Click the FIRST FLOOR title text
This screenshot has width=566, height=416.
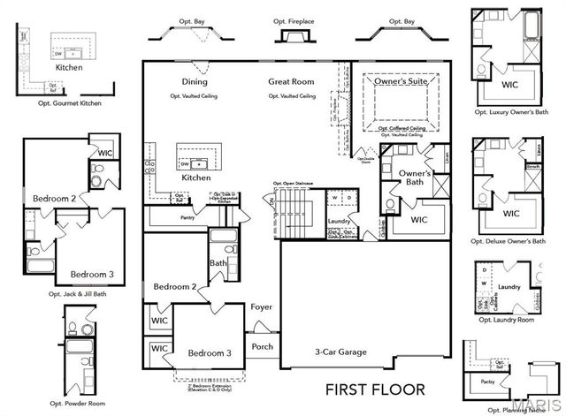coord(376,389)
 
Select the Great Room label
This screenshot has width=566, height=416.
coord(292,82)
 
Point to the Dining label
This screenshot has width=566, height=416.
coord(195,82)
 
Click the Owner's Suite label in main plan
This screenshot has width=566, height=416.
coord(400,82)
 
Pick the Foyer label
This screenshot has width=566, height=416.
coord(262,308)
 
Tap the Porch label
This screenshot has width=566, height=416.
coord(263,346)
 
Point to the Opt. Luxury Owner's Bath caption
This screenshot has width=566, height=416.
coord(511,113)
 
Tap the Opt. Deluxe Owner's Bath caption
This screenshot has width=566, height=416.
coord(511,240)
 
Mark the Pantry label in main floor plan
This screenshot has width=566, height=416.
coord(187,216)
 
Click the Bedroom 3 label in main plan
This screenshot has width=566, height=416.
coord(210,353)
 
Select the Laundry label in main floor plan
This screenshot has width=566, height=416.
coord(339,221)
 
